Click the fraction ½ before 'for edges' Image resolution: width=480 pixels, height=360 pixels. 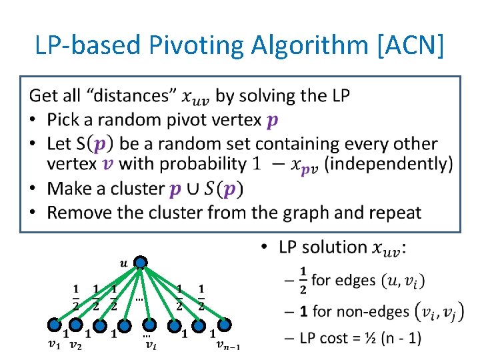(304, 279)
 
